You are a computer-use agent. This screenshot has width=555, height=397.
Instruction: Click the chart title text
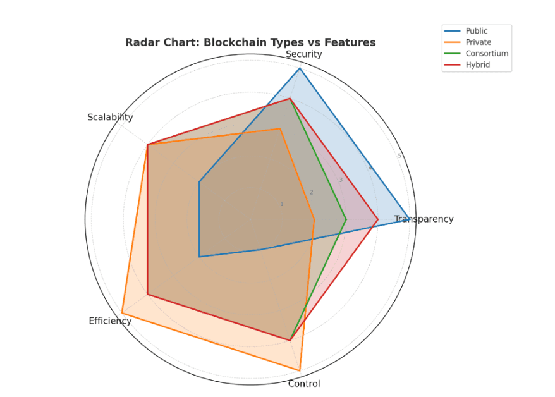coord(250,42)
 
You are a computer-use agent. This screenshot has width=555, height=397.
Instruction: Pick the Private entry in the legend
coord(478,42)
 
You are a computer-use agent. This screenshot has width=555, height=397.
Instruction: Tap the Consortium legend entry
coord(486,53)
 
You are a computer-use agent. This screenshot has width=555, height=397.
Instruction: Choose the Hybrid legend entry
coord(477,64)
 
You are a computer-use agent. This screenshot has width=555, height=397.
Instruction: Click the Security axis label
coord(303,54)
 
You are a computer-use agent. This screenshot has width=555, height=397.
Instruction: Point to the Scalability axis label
coord(110,117)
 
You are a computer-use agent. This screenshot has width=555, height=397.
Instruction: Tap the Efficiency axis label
coord(110,321)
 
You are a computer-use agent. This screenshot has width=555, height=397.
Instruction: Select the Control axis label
coord(304,384)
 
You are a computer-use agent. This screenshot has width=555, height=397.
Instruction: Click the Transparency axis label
coord(424,219)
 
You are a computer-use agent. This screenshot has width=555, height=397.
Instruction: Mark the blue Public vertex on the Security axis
coord(300,68)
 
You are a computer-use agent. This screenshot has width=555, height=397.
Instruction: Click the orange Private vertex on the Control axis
coord(300,370)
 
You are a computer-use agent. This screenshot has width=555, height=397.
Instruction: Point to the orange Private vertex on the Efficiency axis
coord(122,314)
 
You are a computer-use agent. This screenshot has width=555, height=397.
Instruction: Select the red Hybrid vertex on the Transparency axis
coord(377,219)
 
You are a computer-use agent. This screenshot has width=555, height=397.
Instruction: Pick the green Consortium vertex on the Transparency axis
coord(346,219)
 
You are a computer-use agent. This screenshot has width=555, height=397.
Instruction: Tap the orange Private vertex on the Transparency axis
coord(314,219)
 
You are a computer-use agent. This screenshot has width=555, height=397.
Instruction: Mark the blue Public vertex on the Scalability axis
coord(199,182)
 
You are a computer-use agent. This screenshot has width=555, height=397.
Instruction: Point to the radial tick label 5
coord(399,156)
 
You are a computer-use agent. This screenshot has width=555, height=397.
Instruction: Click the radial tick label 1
coord(282,204)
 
